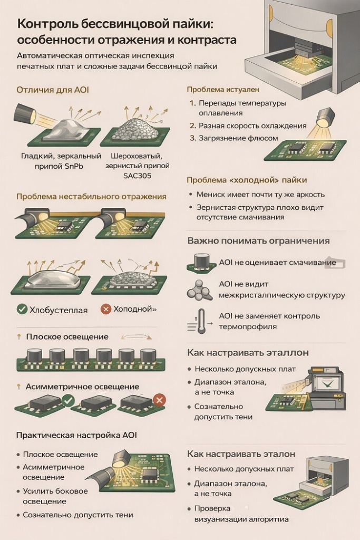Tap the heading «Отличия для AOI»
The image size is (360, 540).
coord(53,90)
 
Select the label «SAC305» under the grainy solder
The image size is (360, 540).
coord(138,176)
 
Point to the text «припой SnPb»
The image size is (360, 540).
coord(59,166)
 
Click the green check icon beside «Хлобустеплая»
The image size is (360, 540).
coord(22,309)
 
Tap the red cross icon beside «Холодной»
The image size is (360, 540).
coord(105,309)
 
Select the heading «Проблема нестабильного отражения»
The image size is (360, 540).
coord(91,197)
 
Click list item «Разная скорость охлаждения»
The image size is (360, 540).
coord(252,126)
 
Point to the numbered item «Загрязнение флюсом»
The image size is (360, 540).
coord(238,138)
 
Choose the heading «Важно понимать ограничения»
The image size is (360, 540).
coord(258,240)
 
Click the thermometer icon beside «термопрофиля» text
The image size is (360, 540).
coord(201,321)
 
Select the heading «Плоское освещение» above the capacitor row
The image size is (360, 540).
coord(67,337)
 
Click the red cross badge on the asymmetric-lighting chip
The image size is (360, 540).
coord(159,400)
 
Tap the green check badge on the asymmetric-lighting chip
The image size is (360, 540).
coord(68,401)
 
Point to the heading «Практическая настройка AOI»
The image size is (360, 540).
coord(76,435)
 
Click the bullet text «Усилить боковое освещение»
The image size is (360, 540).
coord(55,496)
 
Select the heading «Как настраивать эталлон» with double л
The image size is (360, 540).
coord(248,353)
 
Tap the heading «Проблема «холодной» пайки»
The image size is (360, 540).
coord(247,180)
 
